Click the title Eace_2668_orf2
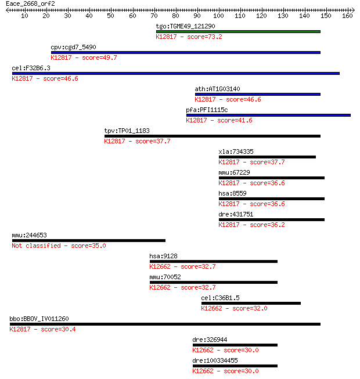[x=30, y=4]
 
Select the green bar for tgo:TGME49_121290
[x=238, y=32]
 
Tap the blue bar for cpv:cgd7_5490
[x=186, y=52]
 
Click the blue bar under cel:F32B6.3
[x=176, y=74]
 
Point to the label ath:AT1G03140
[x=217, y=89]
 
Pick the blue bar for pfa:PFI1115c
[x=268, y=115]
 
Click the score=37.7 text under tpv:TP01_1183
[x=153, y=141]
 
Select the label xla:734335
[x=236, y=151]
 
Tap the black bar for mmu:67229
[x=272, y=178]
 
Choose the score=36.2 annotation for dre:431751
[x=267, y=225]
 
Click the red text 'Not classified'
[x=36, y=246]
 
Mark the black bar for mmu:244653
[x=89, y=240]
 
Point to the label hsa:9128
[x=163, y=256]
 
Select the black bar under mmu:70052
[x=214, y=282]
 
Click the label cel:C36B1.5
[x=220, y=298]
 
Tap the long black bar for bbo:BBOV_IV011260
[x=165, y=324]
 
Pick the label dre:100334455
[x=215, y=360]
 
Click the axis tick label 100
[x=218, y=16]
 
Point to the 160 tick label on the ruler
[x=347, y=16]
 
